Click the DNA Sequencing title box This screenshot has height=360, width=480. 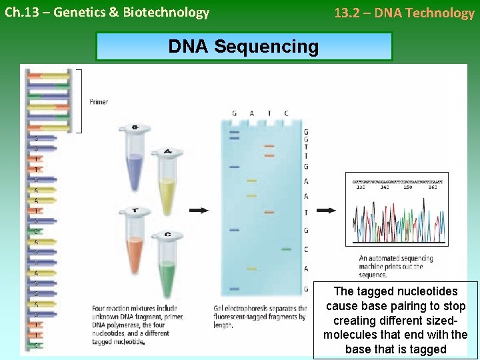pyautogui.click(x=244, y=47)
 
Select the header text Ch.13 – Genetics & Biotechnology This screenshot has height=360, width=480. pyautogui.click(x=107, y=13)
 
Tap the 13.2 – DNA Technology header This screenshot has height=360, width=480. pyautogui.click(x=404, y=13)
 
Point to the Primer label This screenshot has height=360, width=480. pyautogui.click(x=99, y=102)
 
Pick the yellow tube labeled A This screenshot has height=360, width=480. pyautogui.click(x=166, y=180)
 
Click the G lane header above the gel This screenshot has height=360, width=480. pyautogui.click(x=234, y=113)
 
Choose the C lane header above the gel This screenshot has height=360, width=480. pyautogui.click(x=286, y=113)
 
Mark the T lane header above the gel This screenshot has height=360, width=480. pyautogui.click(x=269, y=113)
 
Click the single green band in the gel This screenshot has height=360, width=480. pyautogui.click(x=286, y=249)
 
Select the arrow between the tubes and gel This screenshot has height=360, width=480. pyautogui.click(x=199, y=211)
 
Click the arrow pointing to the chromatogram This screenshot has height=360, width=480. pyautogui.click(x=326, y=211)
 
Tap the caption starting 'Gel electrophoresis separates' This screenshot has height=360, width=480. pyautogui.click(x=260, y=317)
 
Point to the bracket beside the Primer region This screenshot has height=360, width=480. pyautogui.click(x=80, y=101)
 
